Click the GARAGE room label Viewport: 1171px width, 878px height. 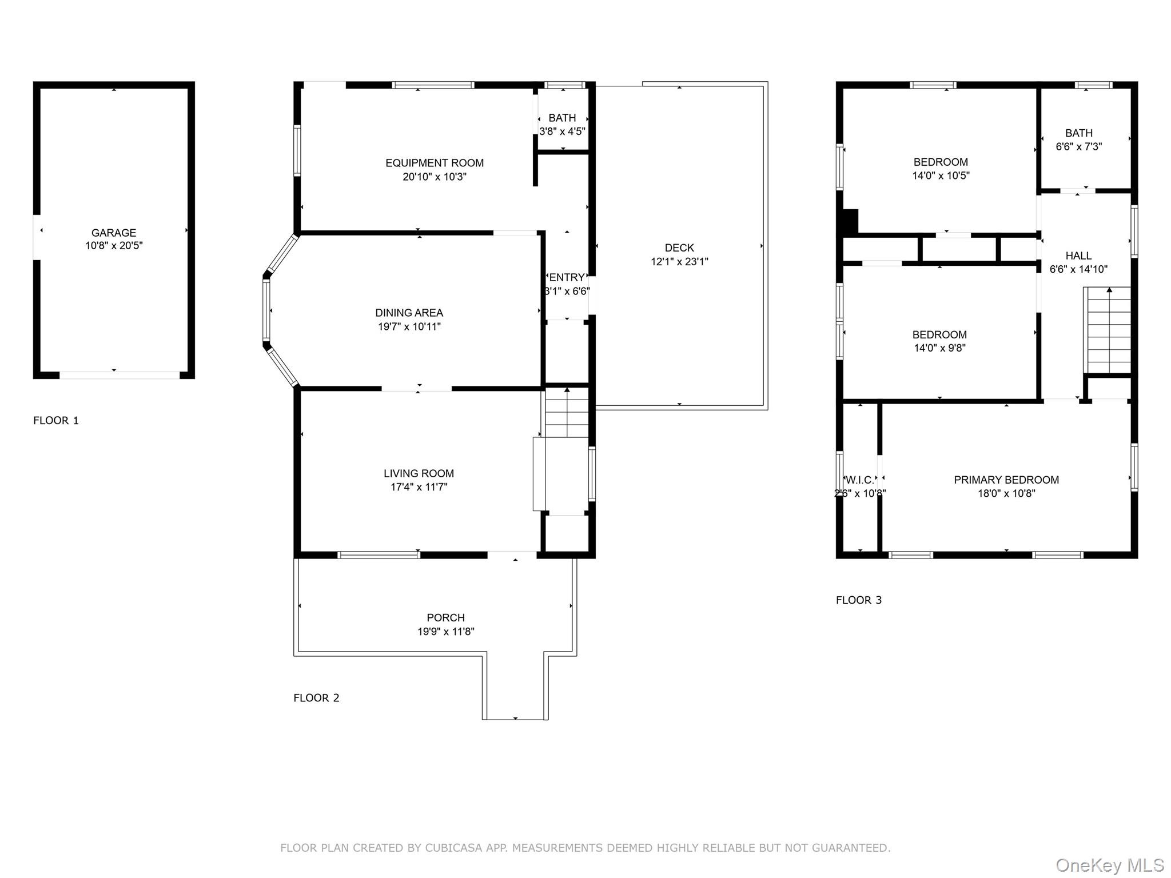pyautogui.click(x=114, y=233)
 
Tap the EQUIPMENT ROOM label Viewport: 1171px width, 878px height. pyautogui.click(x=435, y=163)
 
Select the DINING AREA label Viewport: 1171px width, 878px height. pyautogui.click(x=409, y=313)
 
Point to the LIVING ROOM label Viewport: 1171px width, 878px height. pyautogui.click(x=419, y=473)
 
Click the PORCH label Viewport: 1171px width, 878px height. pyautogui.click(x=446, y=617)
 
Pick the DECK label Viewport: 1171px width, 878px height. pyautogui.click(x=679, y=248)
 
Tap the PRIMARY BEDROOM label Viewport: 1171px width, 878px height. pyautogui.click(x=1006, y=480)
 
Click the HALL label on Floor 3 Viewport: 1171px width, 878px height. pyautogui.click(x=1078, y=256)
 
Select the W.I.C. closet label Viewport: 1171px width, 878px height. pyautogui.click(x=860, y=480)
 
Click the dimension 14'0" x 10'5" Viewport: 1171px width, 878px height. pyautogui.click(x=941, y=175)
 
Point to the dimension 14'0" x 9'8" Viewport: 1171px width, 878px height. pyautogui.click(x=939, y=348)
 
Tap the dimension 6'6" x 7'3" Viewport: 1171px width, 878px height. pyautogui.click(x=1079, y=146)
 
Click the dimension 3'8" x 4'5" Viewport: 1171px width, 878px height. pyautogui.click(x=563, y=131)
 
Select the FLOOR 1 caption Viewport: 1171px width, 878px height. pyautogui.click(x=56, y=421)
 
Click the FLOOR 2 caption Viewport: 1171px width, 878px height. pyautogui.click(x=316, y=698)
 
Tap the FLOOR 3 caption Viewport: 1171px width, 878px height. pyautogui.click(x=859, y=600)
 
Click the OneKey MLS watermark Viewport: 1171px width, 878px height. pyautogui.click(x=1110, y=865)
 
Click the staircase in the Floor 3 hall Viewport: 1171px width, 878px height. pyautogui.click(x=1109, y=330)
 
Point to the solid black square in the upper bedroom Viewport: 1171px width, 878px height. pyautogui.click(x=850, y=222)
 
